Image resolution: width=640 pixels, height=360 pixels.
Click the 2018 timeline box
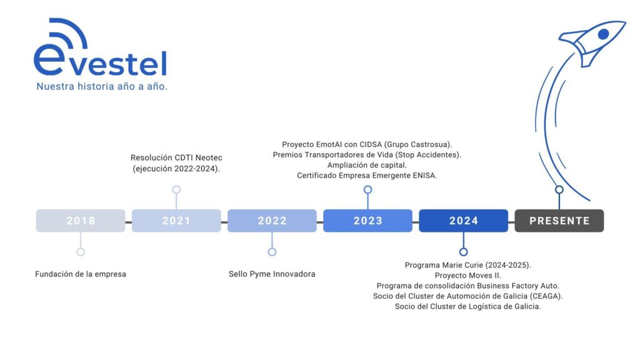81,221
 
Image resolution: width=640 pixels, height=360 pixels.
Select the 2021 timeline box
176,221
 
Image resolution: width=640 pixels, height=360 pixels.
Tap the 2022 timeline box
272,221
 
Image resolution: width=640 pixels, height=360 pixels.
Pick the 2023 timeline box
367,221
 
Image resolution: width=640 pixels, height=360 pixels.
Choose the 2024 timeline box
463,221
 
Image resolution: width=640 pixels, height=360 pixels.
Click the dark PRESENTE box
559,221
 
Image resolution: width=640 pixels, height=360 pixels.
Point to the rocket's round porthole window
603,34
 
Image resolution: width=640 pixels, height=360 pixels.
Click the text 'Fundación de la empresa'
81,274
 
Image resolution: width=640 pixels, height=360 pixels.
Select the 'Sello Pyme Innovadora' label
272,274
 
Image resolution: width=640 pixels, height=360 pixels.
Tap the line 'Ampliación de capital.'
367,165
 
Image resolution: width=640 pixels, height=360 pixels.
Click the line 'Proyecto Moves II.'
467,276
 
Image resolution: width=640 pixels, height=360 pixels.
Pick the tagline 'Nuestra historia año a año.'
102,86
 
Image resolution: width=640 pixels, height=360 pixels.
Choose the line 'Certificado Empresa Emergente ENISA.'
367,176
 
